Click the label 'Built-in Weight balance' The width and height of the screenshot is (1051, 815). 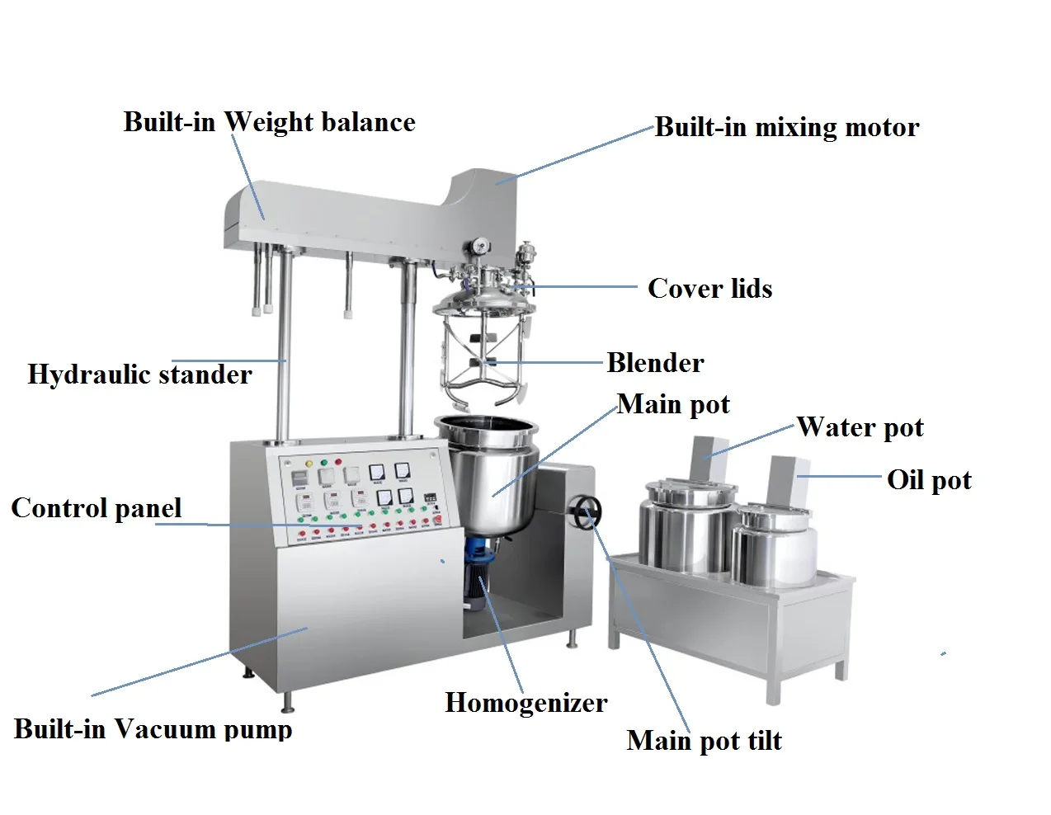pos(269,122)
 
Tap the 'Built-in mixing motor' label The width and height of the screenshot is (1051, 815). pos(786,127)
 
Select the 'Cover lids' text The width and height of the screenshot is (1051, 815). pos(709,289)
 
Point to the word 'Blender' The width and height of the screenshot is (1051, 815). pos(655,363)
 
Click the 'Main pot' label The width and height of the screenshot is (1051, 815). pos(673,404)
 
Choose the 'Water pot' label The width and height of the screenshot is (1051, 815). pos(860,427)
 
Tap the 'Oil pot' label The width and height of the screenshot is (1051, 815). pos(929,480)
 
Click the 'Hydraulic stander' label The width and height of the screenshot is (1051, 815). pos(139,375)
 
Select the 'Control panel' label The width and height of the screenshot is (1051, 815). pos(97,508)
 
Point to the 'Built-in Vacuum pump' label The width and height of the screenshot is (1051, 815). pos(153,729)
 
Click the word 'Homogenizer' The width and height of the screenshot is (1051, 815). pos(525,703)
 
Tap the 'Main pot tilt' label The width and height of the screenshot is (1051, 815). pos(704,741)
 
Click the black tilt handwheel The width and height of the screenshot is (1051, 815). pos(586,511)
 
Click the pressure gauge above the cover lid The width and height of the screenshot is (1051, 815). pos(478,246)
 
